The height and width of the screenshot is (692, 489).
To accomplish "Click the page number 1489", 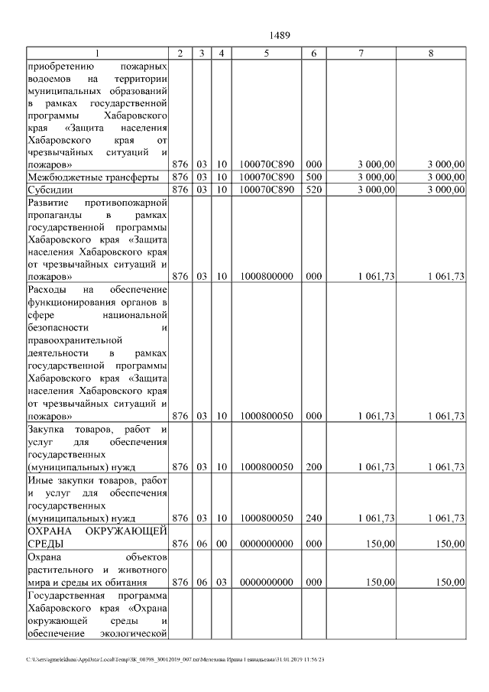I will click(x=280, y=36).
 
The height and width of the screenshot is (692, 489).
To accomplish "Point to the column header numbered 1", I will click(x=97, y=53).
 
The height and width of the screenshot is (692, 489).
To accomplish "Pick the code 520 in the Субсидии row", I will click(x=313, y=189).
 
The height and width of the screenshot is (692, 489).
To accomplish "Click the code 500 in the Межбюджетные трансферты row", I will click(x=313, y=177).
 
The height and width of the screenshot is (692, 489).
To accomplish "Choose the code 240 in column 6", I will click(x=313, y=518).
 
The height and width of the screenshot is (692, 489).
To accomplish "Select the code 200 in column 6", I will click(x=313, y=466).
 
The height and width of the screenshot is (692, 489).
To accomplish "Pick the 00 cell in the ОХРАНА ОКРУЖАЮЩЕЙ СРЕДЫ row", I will click(x=220, y=543).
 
